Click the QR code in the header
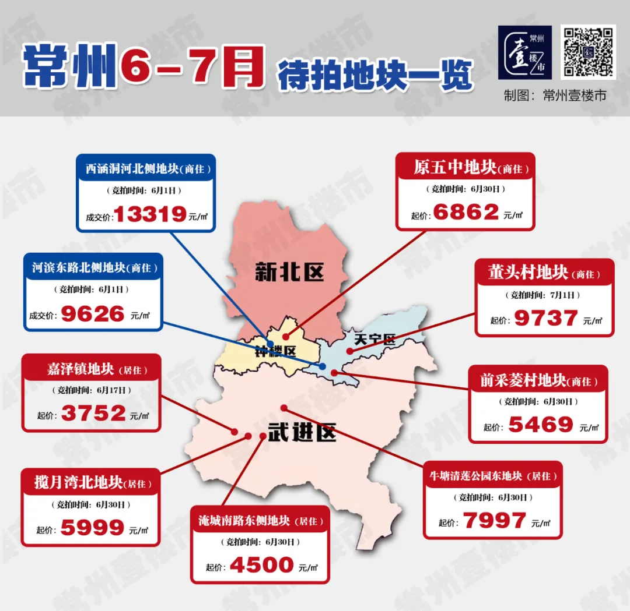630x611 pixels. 588,52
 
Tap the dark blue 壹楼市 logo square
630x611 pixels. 524,52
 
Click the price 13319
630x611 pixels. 150,214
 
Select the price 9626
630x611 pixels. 93,315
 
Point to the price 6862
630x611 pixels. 466,213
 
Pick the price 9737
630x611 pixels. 545,319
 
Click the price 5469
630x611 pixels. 541,425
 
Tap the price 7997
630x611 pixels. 495,520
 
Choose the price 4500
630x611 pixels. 261,565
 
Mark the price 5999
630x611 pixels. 93,528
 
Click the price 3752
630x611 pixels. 93,414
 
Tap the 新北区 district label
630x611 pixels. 289,272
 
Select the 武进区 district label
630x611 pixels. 302,432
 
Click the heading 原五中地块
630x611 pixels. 455,168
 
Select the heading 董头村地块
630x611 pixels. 528,273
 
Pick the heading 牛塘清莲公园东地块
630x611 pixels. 475,475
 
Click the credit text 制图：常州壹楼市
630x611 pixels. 555,96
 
